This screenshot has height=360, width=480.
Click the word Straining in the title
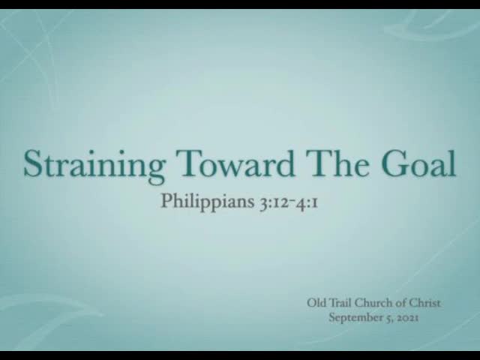tap(94, 166)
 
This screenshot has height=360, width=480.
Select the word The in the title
tap(339, 163)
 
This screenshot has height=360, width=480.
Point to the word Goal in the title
tap(418, 163)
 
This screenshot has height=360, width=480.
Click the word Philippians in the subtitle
tap(208, 202)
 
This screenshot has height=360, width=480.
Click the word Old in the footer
tap(316, 303)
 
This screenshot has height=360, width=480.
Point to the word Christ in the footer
tap(425, 303)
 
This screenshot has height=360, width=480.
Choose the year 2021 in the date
tap(407, 318)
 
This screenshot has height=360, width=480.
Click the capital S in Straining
tap(32, 163)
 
